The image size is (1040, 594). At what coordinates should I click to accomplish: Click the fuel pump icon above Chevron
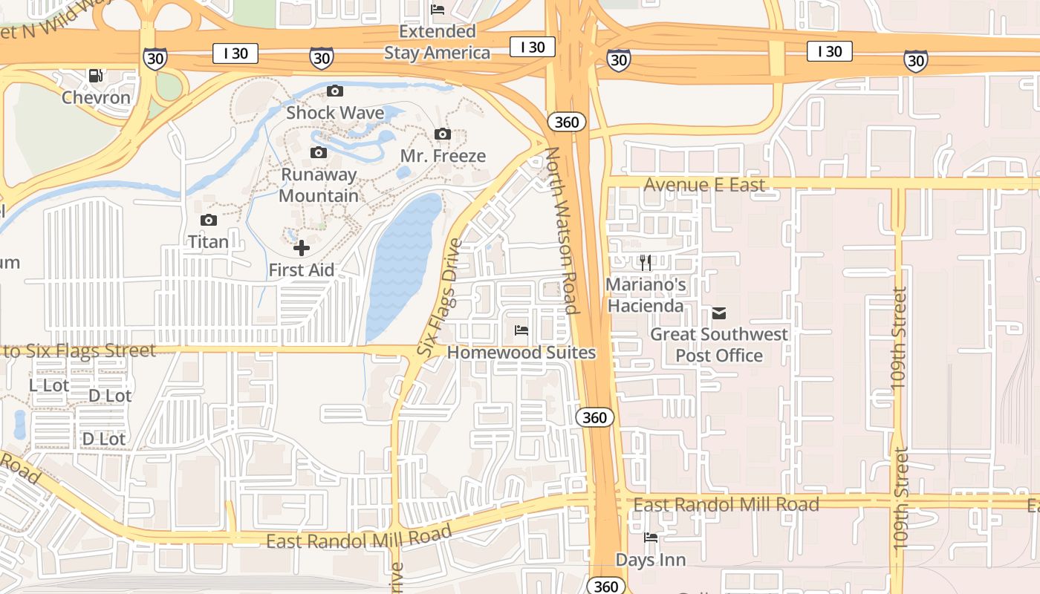(95, 75)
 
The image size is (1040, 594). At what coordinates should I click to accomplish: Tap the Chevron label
(96, 97)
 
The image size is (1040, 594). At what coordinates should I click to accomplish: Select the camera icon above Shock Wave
(335, 91)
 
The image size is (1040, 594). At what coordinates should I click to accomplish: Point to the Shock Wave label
(335, 113)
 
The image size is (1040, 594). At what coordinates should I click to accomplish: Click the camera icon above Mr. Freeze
(443, 134)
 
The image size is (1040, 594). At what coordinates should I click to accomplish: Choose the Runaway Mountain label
(319, 185)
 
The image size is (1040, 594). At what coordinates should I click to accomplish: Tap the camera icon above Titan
(209, 220)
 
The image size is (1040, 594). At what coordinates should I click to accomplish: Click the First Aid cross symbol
(302, 248)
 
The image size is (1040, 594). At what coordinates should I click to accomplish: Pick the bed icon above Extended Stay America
(438, 10)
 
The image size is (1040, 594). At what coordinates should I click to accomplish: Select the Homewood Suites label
(521, 353)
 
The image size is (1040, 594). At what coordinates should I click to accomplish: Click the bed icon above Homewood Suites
(521, 330)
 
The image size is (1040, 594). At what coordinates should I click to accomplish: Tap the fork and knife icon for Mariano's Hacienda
(646, 262)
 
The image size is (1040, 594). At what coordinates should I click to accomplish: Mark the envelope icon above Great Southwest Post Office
(719, 313)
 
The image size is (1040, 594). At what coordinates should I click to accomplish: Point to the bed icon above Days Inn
(651, 538)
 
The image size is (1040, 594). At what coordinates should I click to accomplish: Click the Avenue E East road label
(704, 185)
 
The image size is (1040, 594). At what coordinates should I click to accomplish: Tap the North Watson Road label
(562, 230)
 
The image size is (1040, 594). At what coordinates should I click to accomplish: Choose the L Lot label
(49, 385)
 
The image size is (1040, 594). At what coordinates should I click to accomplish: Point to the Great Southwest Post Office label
(719, 345)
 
